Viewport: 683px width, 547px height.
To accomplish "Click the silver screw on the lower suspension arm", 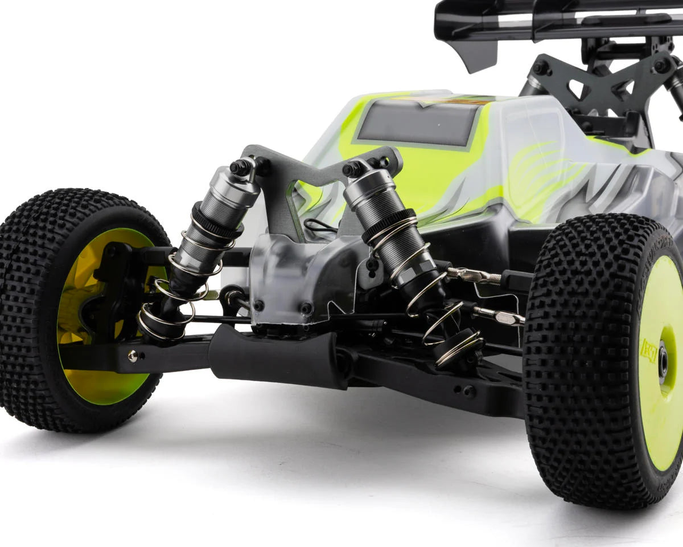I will click(133, 356).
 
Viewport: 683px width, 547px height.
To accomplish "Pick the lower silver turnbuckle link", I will click(497, 315).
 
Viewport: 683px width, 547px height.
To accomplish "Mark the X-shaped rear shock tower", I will click(603, 80).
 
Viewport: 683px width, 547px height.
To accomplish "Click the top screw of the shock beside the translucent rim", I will click(240, 167).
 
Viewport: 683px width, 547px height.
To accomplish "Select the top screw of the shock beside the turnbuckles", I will click(352, 169).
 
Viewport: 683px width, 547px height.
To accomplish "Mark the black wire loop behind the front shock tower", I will click(319, 225).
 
